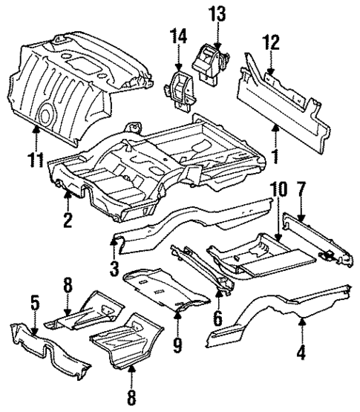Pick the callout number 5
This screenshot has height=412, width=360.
[x=34, y=304]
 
